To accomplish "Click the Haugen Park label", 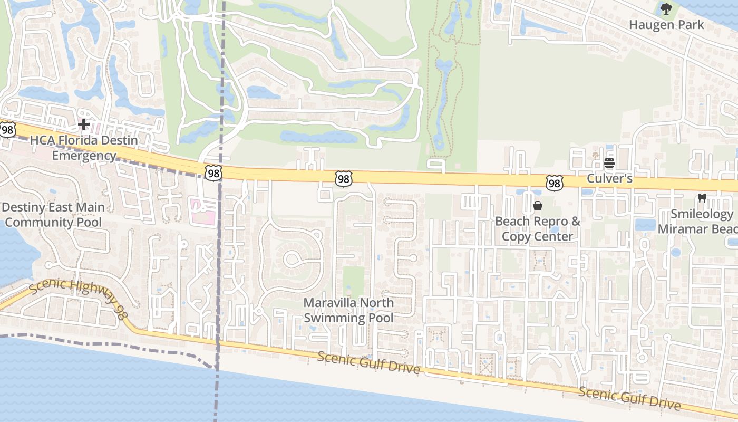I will click(666, 25).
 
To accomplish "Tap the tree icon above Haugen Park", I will click(666, 9).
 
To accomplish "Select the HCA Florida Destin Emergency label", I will click(84, 148).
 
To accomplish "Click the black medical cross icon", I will click(83, 125).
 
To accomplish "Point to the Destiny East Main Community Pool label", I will click(53, 215).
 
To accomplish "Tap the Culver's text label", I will click(609, 179).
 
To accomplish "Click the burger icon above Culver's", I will click(609, 163).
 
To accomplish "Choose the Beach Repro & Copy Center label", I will click(537, 228).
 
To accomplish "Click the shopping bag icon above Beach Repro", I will click(538, 206).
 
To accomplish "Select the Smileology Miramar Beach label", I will click(701, 222).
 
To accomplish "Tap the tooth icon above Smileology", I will click(701, 198).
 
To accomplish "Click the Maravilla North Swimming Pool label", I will click(348, 310).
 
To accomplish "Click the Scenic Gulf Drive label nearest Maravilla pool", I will click(368, 363).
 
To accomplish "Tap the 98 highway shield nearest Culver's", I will click(554, 183).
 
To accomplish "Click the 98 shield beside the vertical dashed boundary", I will click(214, 174).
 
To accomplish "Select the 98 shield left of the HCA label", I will click(7, 130).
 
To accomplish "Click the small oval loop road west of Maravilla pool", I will click(293, 259).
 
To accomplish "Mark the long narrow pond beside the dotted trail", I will click(442, 100).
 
